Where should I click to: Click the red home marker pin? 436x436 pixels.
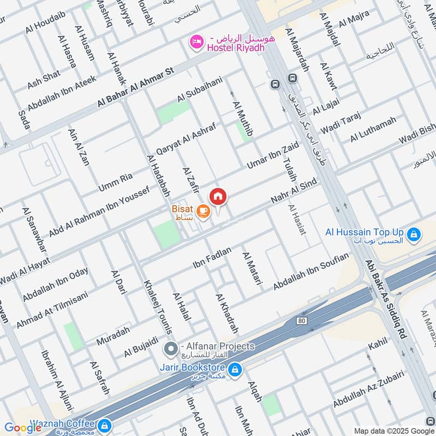(218, 196)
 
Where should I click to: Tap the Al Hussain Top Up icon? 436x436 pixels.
(414, 234)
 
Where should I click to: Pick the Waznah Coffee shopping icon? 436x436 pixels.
(105, 425)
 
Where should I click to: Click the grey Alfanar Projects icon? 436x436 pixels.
(171, 347)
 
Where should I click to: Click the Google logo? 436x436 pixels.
(23, 427)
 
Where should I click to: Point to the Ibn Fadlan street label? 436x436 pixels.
(212, 257)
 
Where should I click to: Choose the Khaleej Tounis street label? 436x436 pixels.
(158, 307)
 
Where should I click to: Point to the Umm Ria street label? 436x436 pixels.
(116, 183)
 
